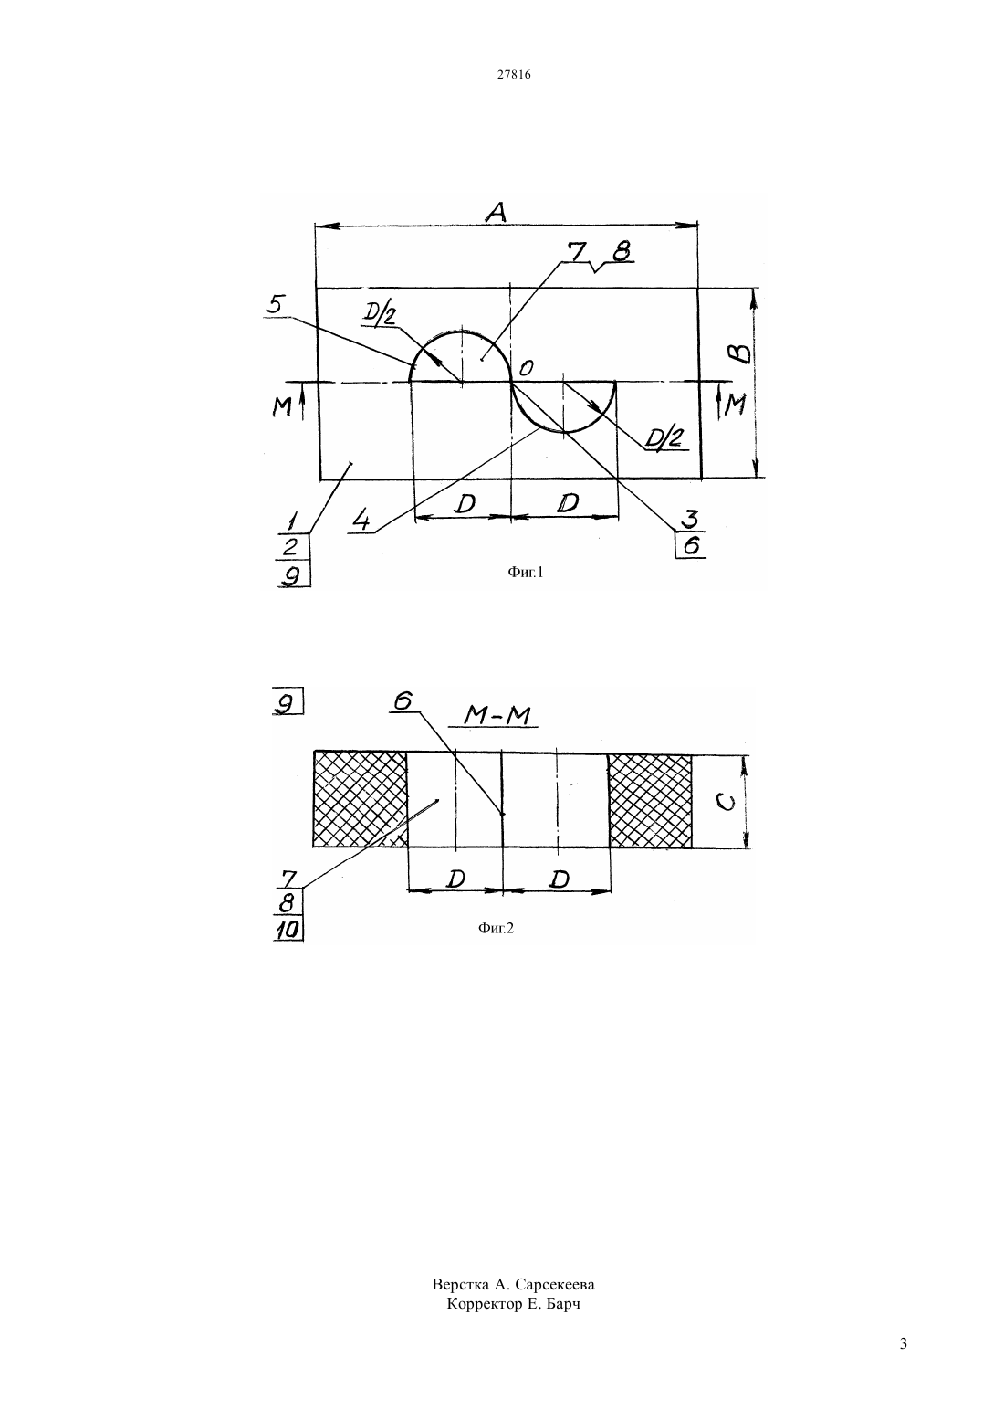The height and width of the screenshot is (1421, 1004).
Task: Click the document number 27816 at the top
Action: click(x=513, y=74)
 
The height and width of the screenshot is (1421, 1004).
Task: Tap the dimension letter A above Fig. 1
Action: click(x=497, y=212)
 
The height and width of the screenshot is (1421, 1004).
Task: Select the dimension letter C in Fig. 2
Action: click(x=727, y=803)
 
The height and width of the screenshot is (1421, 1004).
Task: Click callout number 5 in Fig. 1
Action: click(x=275, y=304)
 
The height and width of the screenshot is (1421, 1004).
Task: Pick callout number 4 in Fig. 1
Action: click(x=361, y=521)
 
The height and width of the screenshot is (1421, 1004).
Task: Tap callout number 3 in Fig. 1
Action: click(x=689, y=519)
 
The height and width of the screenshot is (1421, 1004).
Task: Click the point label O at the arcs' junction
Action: click(x=526, y=367)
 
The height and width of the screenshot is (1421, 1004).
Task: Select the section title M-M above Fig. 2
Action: click(x=497, y=716)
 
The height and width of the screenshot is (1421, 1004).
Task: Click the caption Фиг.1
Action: click(x=526, y=573)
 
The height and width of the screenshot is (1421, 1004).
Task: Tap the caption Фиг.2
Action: click(x=496, y=928)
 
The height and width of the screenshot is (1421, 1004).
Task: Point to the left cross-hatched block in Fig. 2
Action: click(x=360, y=799)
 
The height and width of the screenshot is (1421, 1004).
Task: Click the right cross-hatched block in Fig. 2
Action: click(x=650, y=800)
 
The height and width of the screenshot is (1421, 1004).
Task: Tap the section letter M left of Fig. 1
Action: click(x=281, y=406)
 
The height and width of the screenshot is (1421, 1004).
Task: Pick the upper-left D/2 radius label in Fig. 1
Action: click(x=379, y=315)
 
